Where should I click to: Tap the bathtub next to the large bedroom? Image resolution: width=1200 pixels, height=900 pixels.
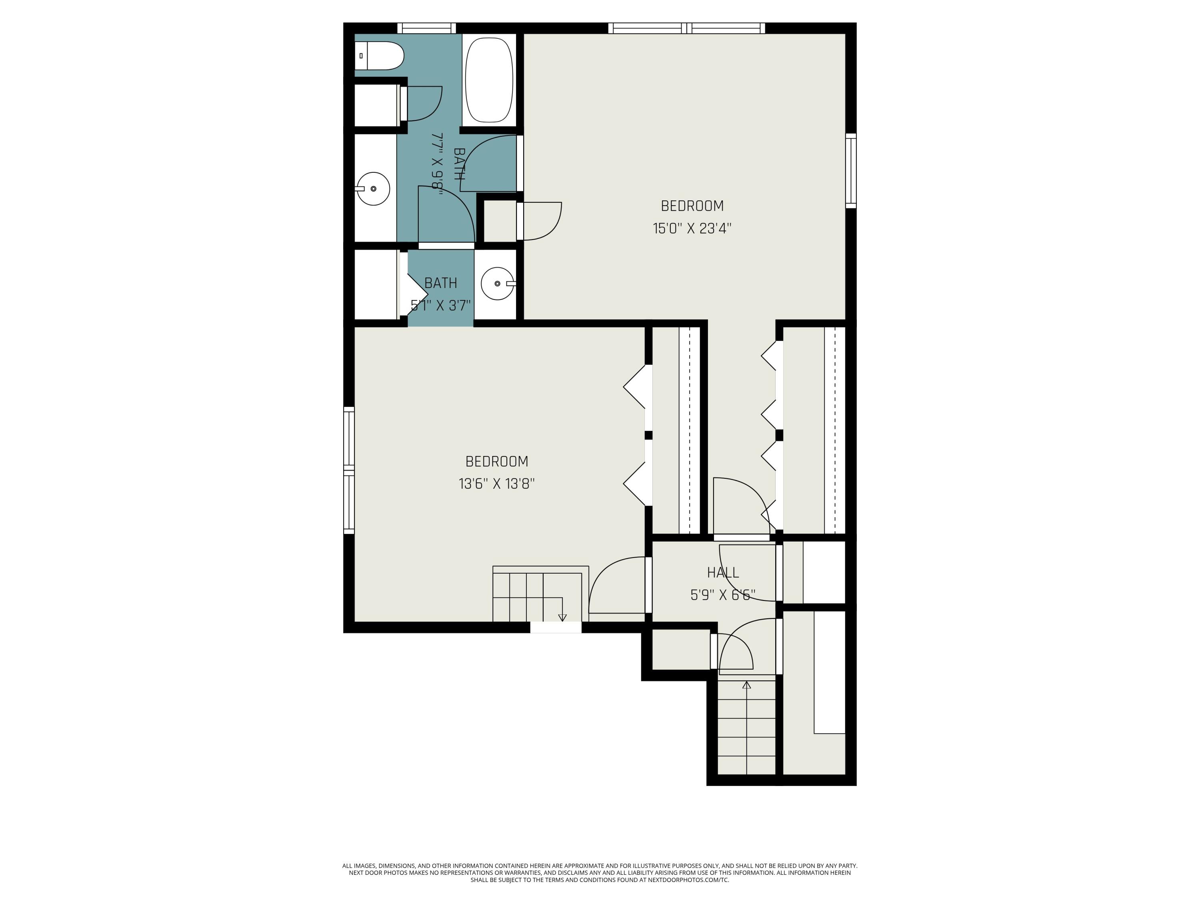(489, 79)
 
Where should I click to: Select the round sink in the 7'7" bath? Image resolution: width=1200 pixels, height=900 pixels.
(374, 188)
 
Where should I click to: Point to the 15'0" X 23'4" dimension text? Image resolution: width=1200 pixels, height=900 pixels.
(692, 228)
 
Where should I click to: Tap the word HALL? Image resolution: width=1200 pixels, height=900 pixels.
(723, 572)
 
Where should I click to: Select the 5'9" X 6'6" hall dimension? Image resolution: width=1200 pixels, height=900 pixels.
(723, 595)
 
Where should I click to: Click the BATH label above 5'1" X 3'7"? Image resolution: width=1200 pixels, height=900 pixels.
(440, 283)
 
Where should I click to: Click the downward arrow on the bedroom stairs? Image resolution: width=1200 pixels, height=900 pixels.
(562, 617)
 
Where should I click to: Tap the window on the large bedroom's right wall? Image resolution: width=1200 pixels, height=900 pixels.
(851, 171)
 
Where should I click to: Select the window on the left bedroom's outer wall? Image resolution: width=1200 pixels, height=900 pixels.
(349, 470)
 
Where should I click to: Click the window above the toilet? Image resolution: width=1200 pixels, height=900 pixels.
(426, 28)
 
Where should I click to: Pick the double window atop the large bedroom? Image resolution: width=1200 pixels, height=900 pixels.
(686, 28)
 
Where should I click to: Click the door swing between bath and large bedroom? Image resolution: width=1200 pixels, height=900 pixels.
(488, 163)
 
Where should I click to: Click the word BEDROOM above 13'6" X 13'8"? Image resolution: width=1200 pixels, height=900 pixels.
(496, 461)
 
